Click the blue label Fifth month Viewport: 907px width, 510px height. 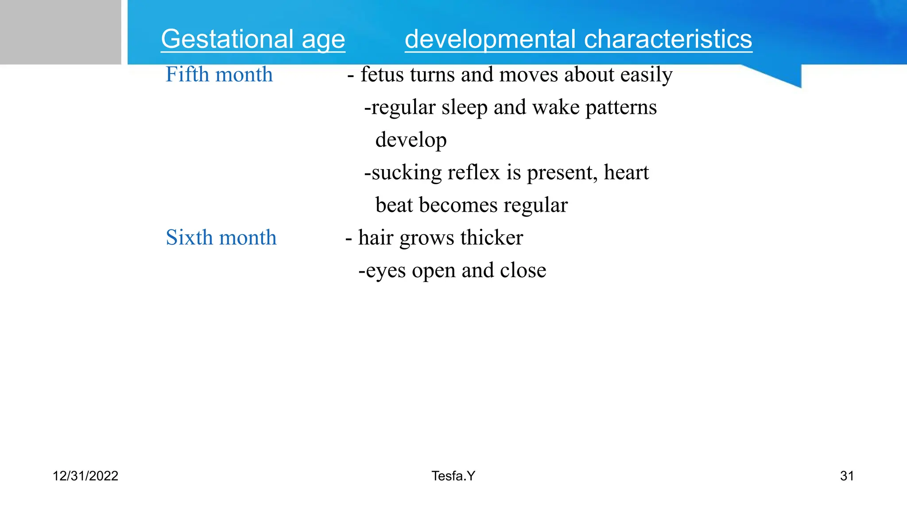click(x=219, y=74)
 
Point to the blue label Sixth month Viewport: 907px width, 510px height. click(x=221, y=237)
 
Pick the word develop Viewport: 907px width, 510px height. click(x=411, y=140)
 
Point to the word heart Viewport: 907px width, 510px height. click(x=626, y=172)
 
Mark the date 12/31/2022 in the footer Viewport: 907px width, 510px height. click(x=85, y=476)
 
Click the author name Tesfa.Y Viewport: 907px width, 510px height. click(x=453, y=476)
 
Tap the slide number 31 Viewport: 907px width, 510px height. click(x=847, y=476)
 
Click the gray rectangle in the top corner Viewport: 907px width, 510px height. click(x=60, y=32)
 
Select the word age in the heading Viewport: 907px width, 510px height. click(x=323, y=39)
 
